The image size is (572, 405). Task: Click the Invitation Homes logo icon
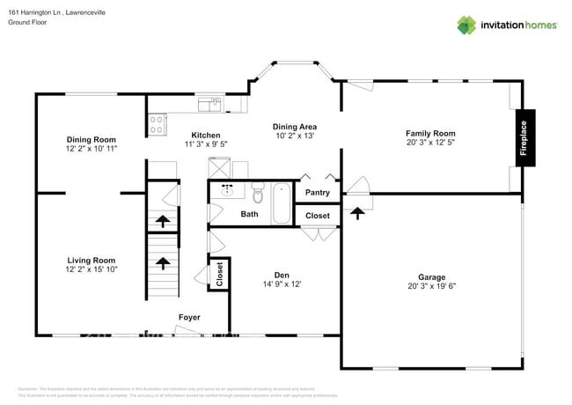coord(466,25)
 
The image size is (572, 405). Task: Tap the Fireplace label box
coord(524,138)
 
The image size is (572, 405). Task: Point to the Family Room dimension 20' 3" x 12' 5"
coord(431,143)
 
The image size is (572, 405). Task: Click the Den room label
coord(282,274)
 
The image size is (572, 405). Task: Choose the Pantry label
coord(317,193)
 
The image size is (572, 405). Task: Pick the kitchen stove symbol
coord(157,123)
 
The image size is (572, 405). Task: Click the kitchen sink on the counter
coord(209,106)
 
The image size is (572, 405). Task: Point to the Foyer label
coord(189,317)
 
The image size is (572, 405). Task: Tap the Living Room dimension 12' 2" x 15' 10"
coord(92,269)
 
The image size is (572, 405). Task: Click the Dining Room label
coord(92,139)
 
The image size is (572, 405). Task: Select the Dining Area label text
coord(295,127)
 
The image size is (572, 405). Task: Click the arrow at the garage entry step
coord(356,211)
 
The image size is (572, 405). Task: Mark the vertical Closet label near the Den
coord(219,274)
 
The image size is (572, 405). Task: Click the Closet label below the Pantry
coord(317,216)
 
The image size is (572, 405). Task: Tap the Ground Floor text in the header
coord(27,23)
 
